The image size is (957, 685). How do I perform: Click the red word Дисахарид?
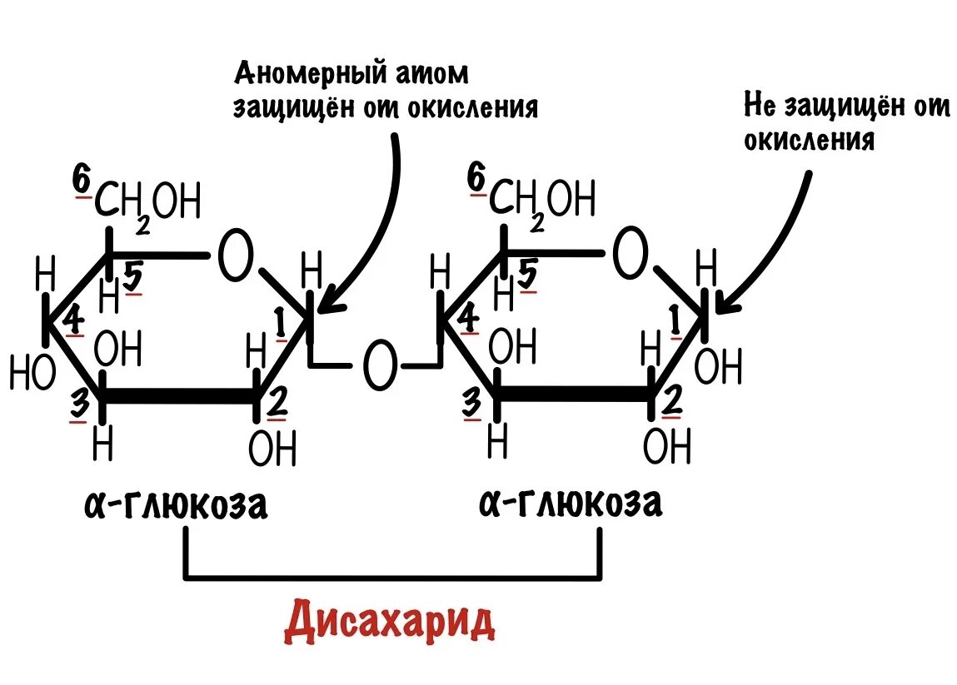(389, 623)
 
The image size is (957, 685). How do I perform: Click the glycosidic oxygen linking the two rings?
(380, 367)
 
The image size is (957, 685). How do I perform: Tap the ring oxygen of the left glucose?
(235, 256)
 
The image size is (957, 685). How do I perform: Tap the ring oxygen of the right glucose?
(631, 256)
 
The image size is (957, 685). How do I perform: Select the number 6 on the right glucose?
(476, 179)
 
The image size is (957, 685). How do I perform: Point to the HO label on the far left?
(32, 372)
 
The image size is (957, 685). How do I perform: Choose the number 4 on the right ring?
(468, 319)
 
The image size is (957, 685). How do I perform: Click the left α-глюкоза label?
(176, 505)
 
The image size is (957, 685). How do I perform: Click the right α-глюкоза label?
(571, 504)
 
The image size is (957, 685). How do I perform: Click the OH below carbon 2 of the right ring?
(667, 448)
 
